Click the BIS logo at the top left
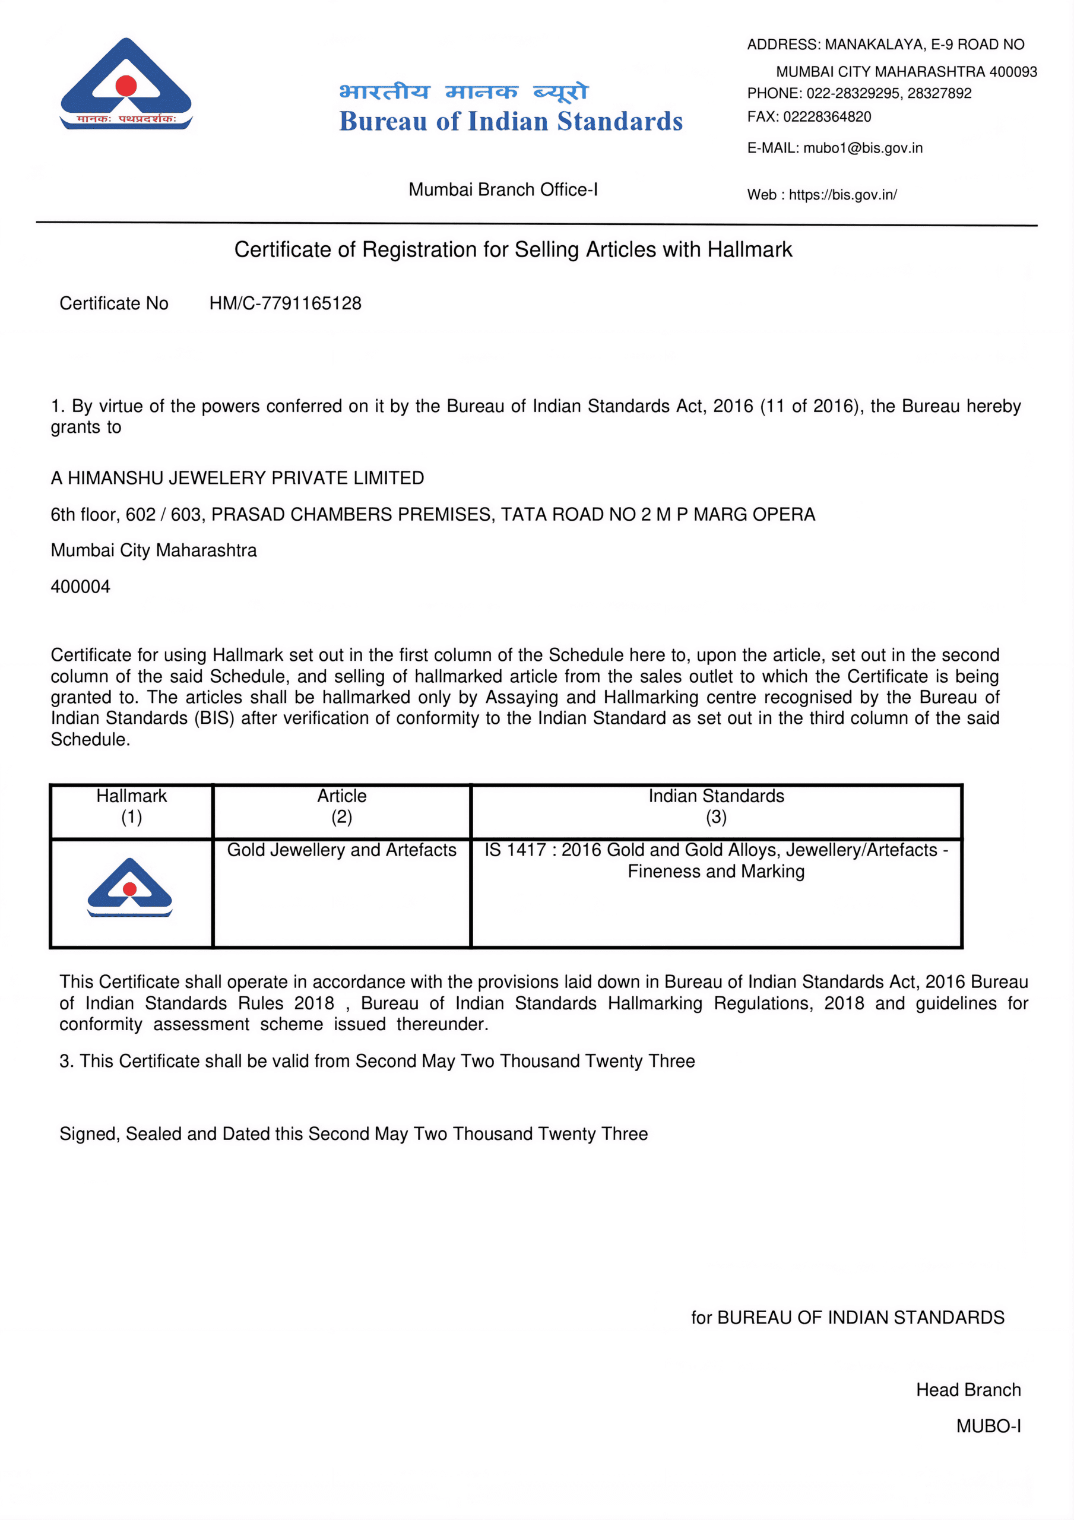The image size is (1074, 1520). click(126, 84)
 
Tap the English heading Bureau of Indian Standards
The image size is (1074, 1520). click(511, 122)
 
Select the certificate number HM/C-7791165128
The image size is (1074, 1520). click(285, 303)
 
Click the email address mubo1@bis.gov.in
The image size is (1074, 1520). click(862, 148)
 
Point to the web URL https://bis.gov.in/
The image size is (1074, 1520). click(842, 195)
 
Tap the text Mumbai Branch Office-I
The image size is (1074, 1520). click(503, 189)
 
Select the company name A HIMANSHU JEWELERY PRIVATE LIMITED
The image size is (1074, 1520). click(237, 478)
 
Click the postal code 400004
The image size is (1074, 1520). click(80, 587)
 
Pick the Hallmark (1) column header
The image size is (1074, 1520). click(131, 806)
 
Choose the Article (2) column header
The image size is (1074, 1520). click(341, 806)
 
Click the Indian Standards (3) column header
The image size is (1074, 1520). click(716, 806)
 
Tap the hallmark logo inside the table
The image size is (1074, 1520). click(130, 888)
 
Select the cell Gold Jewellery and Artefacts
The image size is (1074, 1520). click(341, 850)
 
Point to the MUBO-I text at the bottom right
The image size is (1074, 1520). click(988, 1426)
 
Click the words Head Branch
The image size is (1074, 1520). click(968, 1389)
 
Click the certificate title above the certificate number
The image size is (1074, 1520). click(512, 249)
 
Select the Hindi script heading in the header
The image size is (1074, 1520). click(463, 91)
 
